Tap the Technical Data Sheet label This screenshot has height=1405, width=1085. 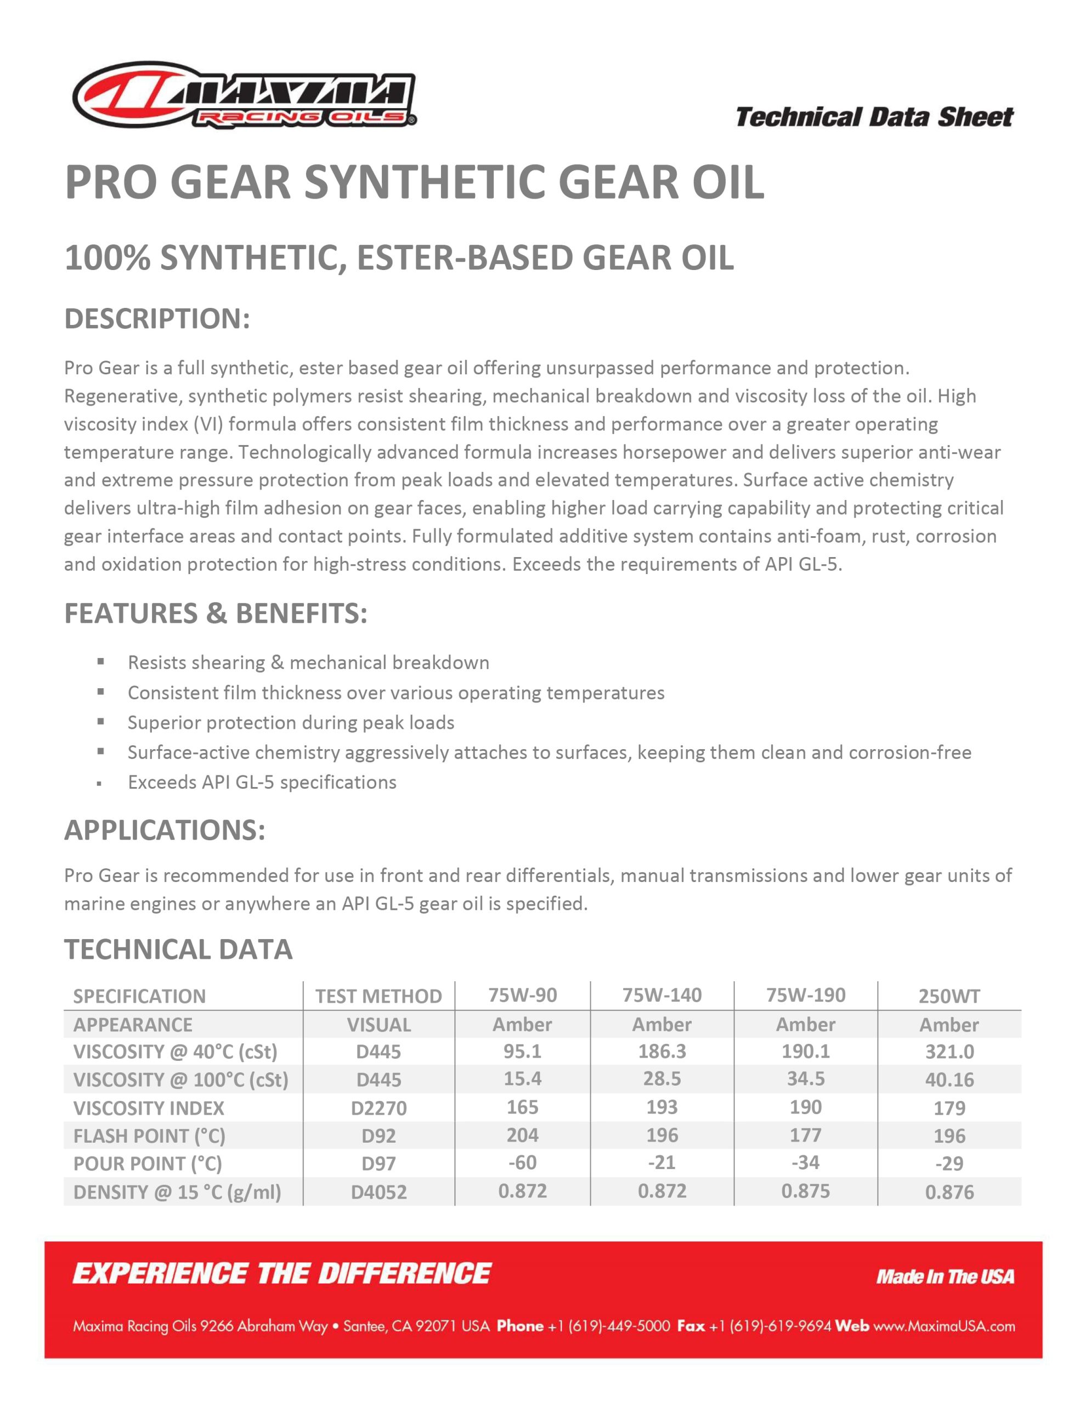click(874, 117)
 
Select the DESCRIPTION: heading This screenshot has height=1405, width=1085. click(157, 319)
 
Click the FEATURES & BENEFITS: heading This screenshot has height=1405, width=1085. click(216, 613)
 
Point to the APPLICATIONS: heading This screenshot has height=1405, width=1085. click(165, 830)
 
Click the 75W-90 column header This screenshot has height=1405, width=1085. click(522, 995)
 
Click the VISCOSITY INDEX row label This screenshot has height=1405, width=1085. click(149, 1108)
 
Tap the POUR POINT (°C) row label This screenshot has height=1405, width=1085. click(148, 1164)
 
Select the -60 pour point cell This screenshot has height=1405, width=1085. click(522, 1162)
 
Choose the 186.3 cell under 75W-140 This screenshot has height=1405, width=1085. click(662, 1051)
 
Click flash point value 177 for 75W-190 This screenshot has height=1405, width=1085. click(805, 1135)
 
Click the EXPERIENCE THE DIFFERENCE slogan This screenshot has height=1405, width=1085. click(282, 1274)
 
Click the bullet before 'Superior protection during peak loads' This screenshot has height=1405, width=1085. click(100, 722)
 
